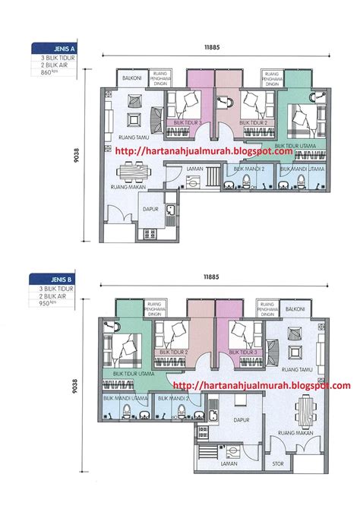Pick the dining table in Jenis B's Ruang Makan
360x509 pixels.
click(306, 413)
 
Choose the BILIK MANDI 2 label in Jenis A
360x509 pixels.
click(249, 169)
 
